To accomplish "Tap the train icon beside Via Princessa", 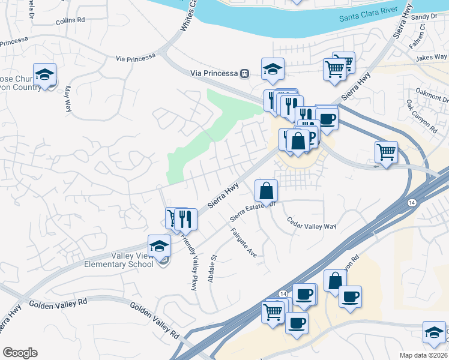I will coord(244,73).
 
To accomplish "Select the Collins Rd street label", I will coord(70,20).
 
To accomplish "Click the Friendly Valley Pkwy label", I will coord(190,261).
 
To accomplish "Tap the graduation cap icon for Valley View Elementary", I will coord(159,245).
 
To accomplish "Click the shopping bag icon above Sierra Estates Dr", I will coord(267,191).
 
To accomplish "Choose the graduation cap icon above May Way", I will coord(44,74).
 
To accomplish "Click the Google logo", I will coord(20,353).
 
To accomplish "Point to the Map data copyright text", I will coord(424,355).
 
